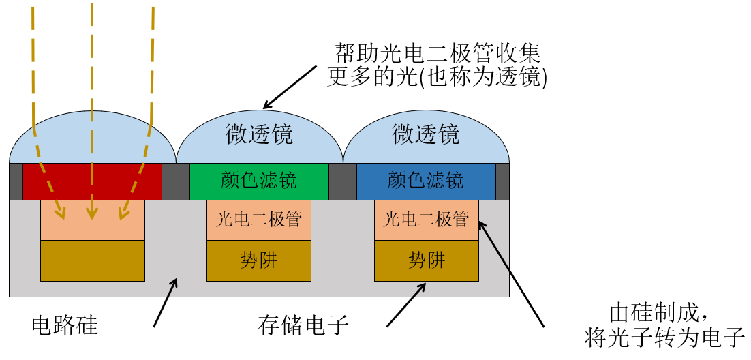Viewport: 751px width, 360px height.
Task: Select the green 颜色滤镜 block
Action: tap(259, 181)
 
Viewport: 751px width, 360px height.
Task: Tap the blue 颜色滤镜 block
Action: tap(426, 181)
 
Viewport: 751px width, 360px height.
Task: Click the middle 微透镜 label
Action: tap(259, 134)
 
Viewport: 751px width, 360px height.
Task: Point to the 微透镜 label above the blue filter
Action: tap(426, 134)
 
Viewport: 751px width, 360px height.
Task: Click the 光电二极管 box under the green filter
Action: tap(259, 220)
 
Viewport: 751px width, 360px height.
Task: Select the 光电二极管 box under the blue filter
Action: tap(426, 220)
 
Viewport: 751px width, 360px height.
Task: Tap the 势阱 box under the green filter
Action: tap(259, 260)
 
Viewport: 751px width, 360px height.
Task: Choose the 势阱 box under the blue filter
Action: tap(426, 260)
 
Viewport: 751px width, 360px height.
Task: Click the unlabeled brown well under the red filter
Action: tap(93, 260)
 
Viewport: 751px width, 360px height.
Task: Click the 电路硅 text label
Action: tap(65, 325)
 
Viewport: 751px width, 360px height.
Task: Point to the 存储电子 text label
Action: tap(303, 325)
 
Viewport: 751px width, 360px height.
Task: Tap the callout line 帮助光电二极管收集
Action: tap(437, 53)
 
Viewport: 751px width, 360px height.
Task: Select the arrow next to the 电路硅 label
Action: tap(166, 301)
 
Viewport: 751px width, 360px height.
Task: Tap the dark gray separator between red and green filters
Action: tap(176, 181)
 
